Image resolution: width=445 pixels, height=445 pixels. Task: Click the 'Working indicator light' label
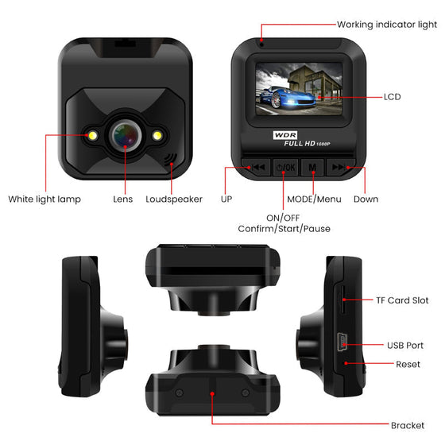point(387,25)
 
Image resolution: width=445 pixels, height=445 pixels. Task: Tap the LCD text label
point(393,97)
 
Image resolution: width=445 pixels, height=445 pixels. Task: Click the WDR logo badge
point(285,135)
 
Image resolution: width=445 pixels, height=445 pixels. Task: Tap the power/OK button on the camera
point(285,168)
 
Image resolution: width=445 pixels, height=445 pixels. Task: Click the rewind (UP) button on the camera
point(257,167)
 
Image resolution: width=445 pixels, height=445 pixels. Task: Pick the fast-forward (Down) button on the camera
point(340,167)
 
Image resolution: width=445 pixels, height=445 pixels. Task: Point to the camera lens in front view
point(126,135)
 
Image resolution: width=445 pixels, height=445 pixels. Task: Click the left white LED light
point(92,136)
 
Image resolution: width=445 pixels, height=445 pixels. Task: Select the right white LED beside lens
point(157,136)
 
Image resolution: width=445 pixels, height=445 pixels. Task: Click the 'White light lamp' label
point(44,199)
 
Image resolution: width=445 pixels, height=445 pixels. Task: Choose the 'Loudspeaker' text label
point(174,199)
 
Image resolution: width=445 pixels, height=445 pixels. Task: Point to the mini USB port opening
point(342,342)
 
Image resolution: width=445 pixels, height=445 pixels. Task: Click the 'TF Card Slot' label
point(402,300)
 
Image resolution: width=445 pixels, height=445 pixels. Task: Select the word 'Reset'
point(408,364)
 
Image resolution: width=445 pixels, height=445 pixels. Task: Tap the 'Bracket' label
point(408,425)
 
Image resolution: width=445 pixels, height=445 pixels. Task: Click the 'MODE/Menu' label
point(314,199)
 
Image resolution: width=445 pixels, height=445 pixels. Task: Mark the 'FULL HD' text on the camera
point(300,144)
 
